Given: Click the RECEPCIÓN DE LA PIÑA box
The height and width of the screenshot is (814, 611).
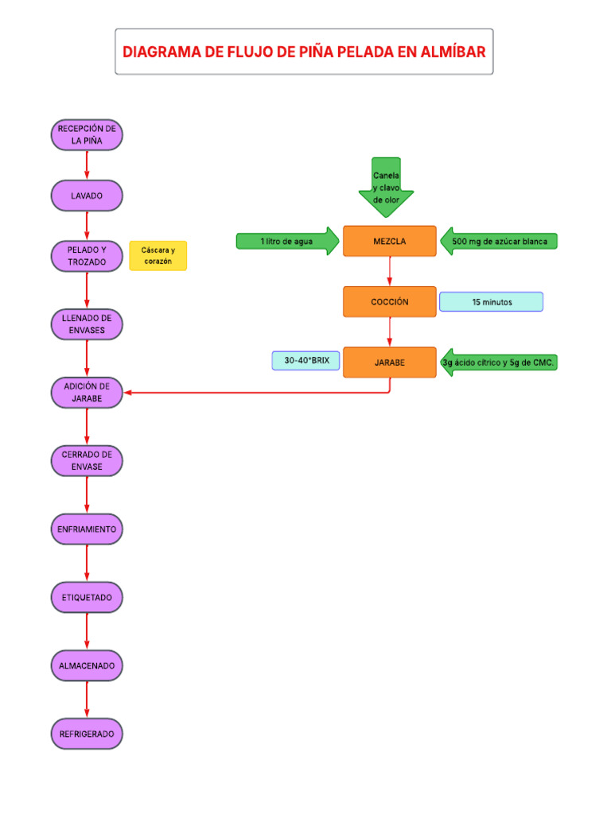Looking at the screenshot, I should [87, 134].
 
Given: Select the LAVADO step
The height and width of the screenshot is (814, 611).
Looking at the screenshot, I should [87, 196].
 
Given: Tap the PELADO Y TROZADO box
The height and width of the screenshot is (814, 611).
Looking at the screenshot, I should [87, 256].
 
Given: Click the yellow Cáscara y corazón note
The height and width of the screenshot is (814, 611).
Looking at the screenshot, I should [158, 256].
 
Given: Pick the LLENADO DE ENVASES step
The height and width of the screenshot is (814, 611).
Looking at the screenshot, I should [87, 324].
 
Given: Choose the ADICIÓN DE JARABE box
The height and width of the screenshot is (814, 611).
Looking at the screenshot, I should [87, 393].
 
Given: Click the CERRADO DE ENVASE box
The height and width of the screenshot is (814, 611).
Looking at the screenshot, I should [87, 460].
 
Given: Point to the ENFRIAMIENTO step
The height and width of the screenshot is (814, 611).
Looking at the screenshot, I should [87, 529].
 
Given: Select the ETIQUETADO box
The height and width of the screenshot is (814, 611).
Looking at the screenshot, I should [87, 597].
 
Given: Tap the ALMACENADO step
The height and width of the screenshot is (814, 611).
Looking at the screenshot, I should [87, 665].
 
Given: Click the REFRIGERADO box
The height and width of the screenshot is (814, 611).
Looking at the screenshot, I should [87, 734].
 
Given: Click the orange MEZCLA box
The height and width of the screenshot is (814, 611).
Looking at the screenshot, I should [390, 242].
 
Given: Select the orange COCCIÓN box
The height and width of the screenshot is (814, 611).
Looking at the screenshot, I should [390, 302].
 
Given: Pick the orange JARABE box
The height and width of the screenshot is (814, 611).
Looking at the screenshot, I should [390, 362].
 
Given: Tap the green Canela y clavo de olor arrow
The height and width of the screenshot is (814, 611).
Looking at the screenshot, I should [387, 187].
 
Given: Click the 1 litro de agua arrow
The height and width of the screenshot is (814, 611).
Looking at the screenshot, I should [286, 242].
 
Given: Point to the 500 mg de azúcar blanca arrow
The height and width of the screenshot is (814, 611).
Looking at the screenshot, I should [499, 242].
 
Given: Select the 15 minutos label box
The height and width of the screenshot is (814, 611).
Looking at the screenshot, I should [491, 302].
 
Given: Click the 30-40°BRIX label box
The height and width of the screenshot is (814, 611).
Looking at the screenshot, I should [305, 361].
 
